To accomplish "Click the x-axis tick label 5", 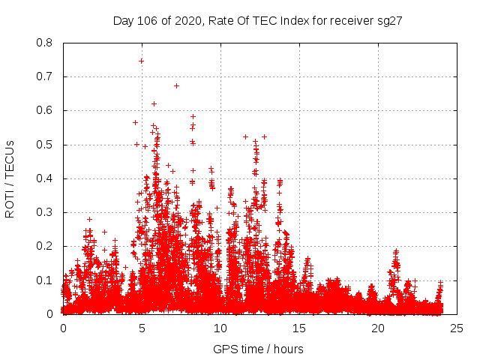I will pyautogui.click(x=142, y=328).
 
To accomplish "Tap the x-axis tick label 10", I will pyautogui.click(x=220, y=328).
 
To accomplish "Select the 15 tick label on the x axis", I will pyautogui.click(x=299, y=328).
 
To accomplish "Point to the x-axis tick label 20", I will pyautogui.click(x=378, y=328).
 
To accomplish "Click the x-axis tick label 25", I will pyautogui.click(x=457, y=328).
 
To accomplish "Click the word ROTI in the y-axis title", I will pyautogui.click(x=10, y=202).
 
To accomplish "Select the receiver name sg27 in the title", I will pyautogui.click(x=390, y=21).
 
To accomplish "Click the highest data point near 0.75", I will pyautogui.click(x=141, y=61).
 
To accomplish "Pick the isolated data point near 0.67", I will pyautogui.click(x=176, y=85).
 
